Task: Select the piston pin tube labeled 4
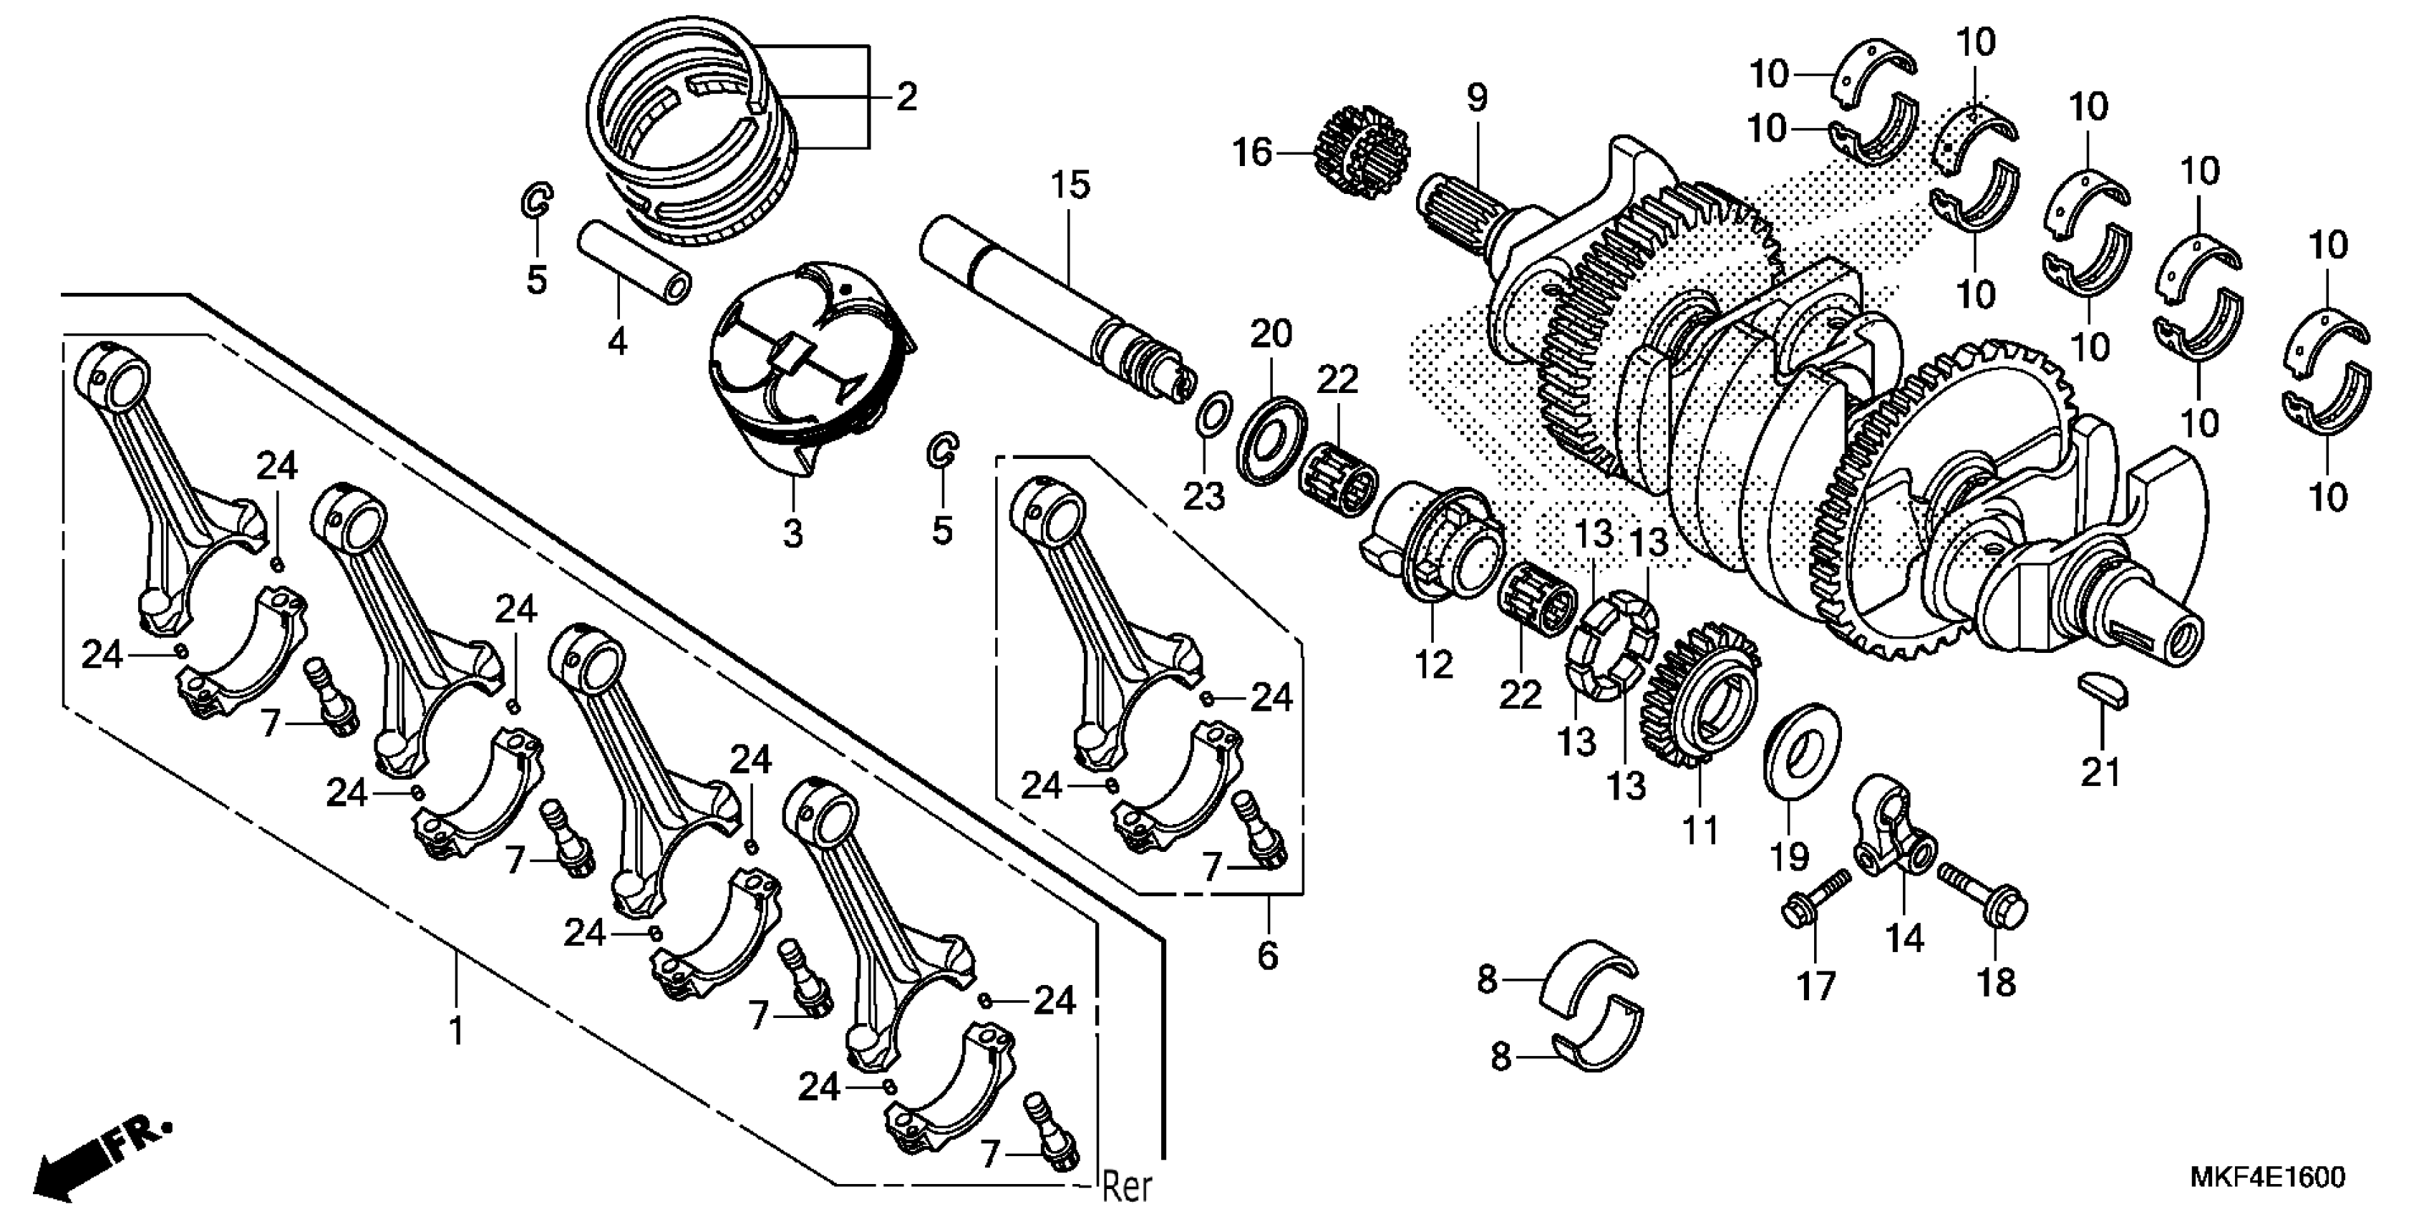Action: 633,262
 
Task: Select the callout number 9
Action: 1476,98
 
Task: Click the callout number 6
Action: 1267,955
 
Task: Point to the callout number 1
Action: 457,1031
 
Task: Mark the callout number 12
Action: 1433,665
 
